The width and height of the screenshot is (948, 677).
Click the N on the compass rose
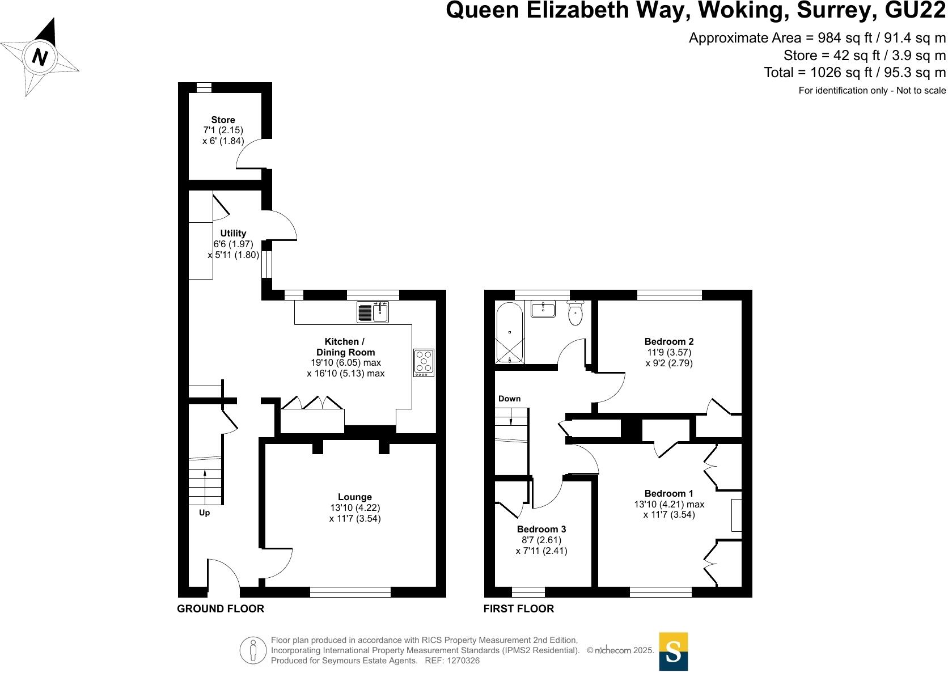click(x=39, y=57)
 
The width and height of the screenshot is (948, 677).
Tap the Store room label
click(x=223, y=120)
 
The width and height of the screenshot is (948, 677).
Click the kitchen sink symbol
click(x=373, y=312)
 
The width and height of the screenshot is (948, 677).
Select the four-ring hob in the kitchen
click(x=424, y=363)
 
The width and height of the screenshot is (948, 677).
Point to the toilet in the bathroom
click(x=575, y=314)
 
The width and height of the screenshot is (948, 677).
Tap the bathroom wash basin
click(x=543, y=309)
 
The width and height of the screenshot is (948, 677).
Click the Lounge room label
click(x=355, y=497)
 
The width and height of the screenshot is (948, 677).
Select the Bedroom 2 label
click(x=669, y=341)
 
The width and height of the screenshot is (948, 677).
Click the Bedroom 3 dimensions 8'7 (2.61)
click(x=541, y=540)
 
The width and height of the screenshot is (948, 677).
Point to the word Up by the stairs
click(x=204, y=513)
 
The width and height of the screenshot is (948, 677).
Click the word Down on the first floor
click(x=509, y=399)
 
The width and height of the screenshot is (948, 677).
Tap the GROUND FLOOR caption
click(x=221, y=608)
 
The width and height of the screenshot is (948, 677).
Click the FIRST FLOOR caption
click(x=518, y=608)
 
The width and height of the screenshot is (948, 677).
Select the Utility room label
click(x=233, y=233)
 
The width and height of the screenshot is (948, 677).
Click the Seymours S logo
click(x=673, y=651)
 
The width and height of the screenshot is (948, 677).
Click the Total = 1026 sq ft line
click(x=854, y=73)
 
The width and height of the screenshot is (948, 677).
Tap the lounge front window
click(x=350, y=593)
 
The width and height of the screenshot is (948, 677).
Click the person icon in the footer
click(x=253, y=650)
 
